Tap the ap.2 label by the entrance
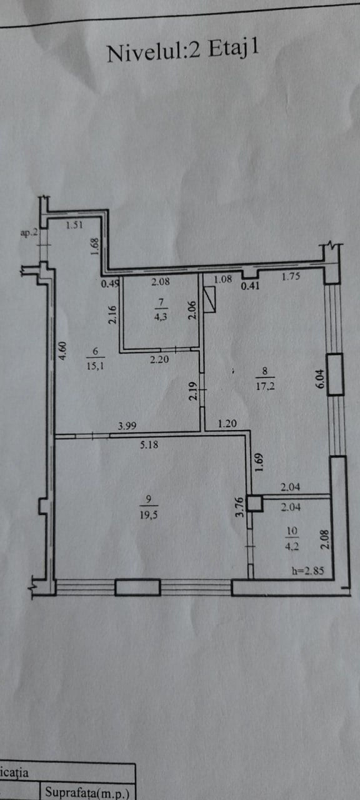coord(29,233)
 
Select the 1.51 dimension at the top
coord(74,225)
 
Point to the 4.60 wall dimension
coord(62,351)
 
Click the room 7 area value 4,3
coord(161,316)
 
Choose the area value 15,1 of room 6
coord(96,366)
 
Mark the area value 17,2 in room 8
coord(265,386)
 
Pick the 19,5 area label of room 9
coord(149,515)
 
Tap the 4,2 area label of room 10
coord(292,546)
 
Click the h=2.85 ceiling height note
coord(308,571)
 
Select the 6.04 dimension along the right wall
coord(320,379)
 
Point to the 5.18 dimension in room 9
coord(149,445)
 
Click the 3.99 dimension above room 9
coord(127,426)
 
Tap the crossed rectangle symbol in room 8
coord(209,300)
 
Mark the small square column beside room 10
coord(255,504)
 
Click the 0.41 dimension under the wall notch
coord(250,286)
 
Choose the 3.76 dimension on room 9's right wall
coord(240,507)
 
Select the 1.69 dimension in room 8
coord(259,462)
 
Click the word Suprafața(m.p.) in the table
coord(87,792)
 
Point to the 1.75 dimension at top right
coord(291,276)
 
